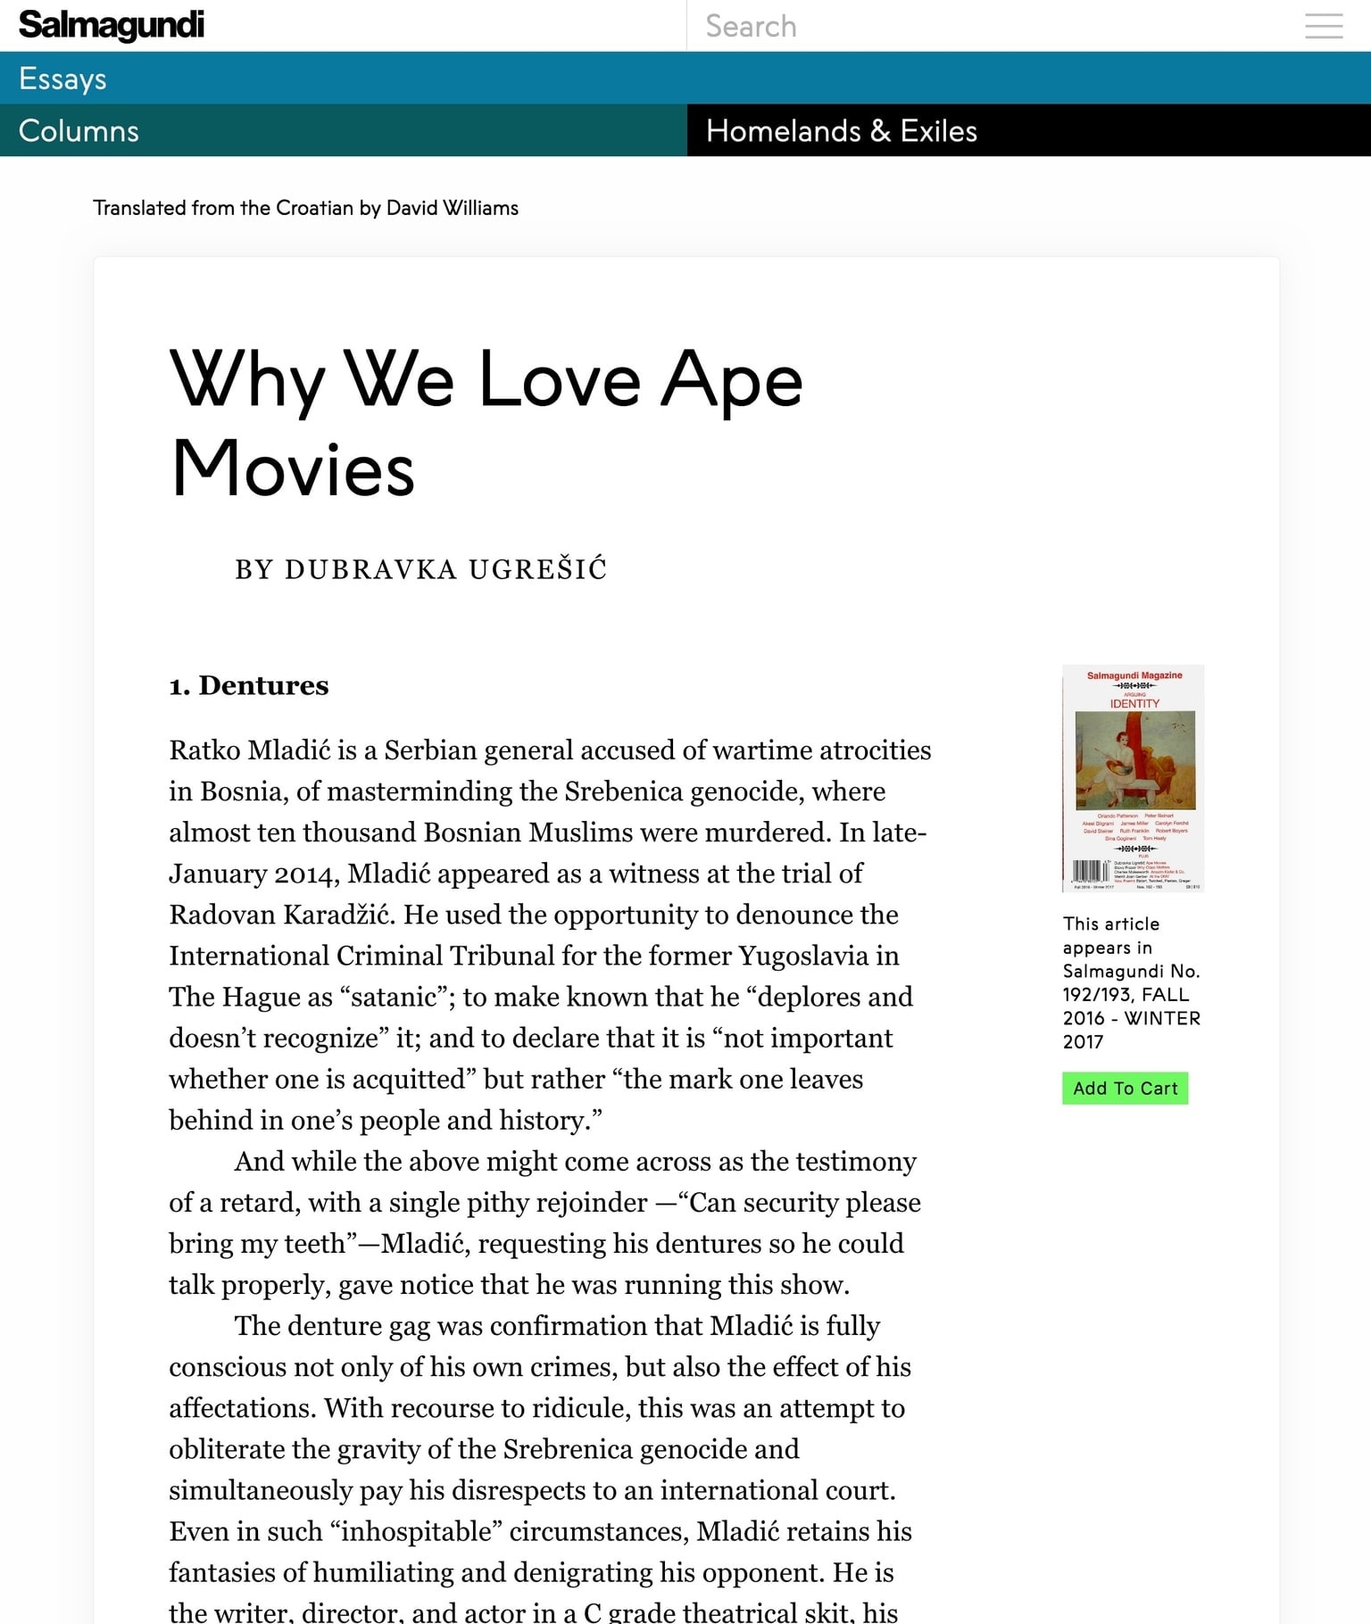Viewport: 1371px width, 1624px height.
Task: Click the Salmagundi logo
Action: (111, 25)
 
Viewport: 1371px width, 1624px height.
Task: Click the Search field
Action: (982, 26)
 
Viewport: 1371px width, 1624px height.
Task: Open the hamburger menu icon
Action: (1323, 26)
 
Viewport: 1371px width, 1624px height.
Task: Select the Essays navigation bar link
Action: (62, 79)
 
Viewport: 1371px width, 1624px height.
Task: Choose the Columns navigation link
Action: (79, 131)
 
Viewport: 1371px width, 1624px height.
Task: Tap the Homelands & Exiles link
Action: (841, 131)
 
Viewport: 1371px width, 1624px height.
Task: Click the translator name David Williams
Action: (452, 208)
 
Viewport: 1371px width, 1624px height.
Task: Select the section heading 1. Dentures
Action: (249, 685)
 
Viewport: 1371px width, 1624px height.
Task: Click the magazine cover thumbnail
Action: (1133, 778)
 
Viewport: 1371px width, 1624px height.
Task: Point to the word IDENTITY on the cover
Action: (1134, 704)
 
